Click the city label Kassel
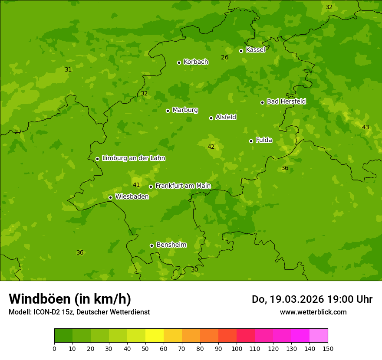click(255, 50)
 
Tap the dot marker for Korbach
click(179, 62)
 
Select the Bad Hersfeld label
click(286, 101)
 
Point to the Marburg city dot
click(168, 111)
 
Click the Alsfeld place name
click(226, 117)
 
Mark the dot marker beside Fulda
click(251, 141)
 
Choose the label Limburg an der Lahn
click(133, 158)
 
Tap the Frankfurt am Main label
click(183, 186)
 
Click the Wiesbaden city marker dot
click(110, 197)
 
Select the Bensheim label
click(171, 245)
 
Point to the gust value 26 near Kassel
click(224, 57)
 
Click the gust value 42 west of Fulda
click(211, 147)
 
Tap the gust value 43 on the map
click(366, 127)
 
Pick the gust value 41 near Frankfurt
click(136, 185)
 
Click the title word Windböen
click(40, 299)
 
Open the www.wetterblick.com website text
click(313, 312)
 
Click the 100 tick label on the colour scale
click(237, 348)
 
